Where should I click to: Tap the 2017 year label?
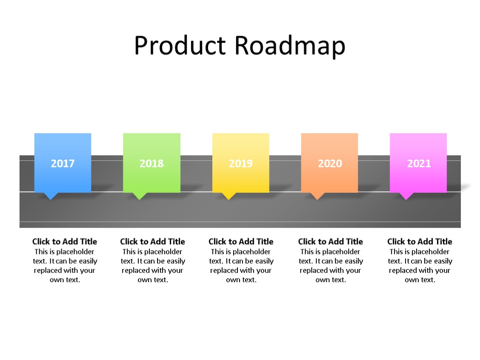point(63,163)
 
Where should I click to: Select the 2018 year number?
point(151,163)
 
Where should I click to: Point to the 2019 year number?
point(240,163)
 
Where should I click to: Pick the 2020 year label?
point(330,163)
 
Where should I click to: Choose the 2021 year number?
point(419,163)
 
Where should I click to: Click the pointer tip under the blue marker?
point(51,197)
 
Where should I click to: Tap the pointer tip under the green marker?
point(140,197)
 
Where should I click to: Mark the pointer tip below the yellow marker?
point(229,197)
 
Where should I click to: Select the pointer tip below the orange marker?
point(317,197)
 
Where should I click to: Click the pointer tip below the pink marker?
point(406,197)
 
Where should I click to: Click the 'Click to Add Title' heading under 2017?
point(65,242)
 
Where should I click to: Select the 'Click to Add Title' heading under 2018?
point(152,242)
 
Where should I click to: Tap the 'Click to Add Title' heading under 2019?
point(241,242)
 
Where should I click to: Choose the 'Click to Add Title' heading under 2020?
point(331,242)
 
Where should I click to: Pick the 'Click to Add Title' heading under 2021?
point(420,242)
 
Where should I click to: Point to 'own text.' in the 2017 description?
point(65,280)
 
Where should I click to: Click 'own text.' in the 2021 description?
point(420,280)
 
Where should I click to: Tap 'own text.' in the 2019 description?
point(241,280)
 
